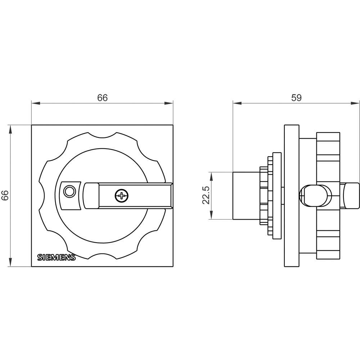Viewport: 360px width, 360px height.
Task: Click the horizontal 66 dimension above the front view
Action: [102, 98]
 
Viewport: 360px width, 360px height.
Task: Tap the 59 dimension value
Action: [296, 98]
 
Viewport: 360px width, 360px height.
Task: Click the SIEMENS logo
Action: [57, 257]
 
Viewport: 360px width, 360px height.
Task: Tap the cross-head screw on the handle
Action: [122, 196]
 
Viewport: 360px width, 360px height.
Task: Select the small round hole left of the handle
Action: [68, 191]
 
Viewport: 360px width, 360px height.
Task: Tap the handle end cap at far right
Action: [352, 195]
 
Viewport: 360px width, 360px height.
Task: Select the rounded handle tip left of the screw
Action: [91, 196]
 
